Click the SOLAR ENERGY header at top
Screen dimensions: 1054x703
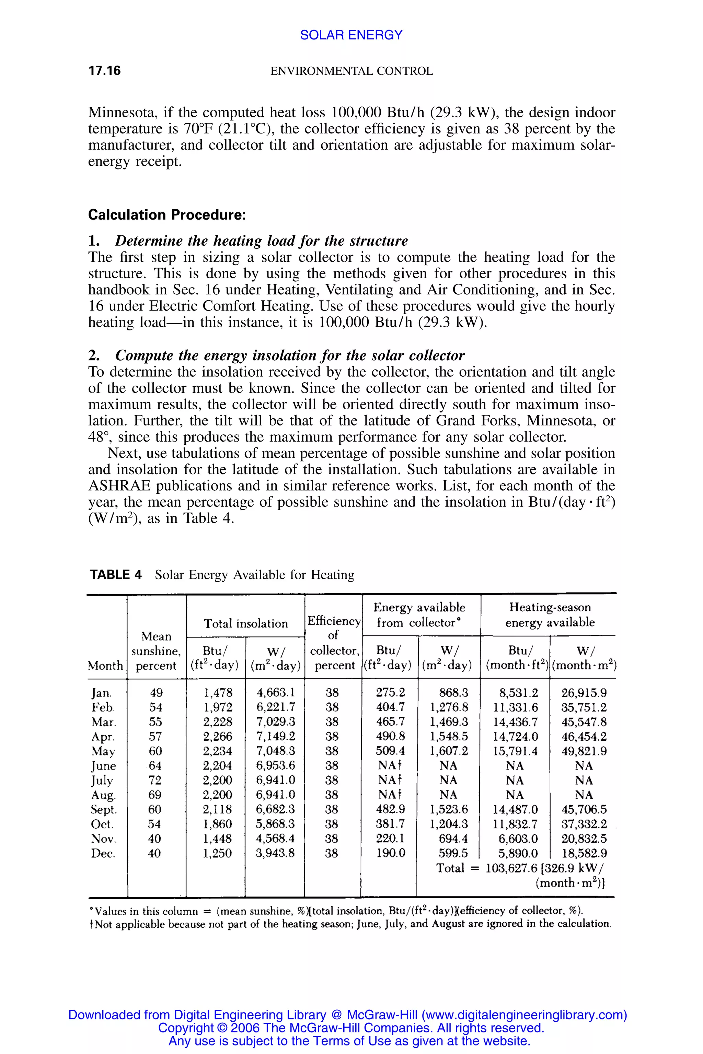[351, 35]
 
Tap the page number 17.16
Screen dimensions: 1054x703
[104, 71]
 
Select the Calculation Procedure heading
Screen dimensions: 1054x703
[167, 215]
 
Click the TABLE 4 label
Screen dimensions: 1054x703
[115, 574]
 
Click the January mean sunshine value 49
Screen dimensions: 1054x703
[156, 693]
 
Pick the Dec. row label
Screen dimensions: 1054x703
[103, 853]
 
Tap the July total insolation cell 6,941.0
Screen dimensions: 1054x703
[275, 780]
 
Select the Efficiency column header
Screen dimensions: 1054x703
[334, 621]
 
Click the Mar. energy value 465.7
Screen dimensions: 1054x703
[390, 722]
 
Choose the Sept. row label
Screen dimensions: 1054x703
[104, 810]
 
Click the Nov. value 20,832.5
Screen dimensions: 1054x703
[584, 839]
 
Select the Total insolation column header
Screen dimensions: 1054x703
[246, 623]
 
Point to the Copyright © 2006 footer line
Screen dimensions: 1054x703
[351, 1028]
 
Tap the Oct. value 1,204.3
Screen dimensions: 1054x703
[448, 824]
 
